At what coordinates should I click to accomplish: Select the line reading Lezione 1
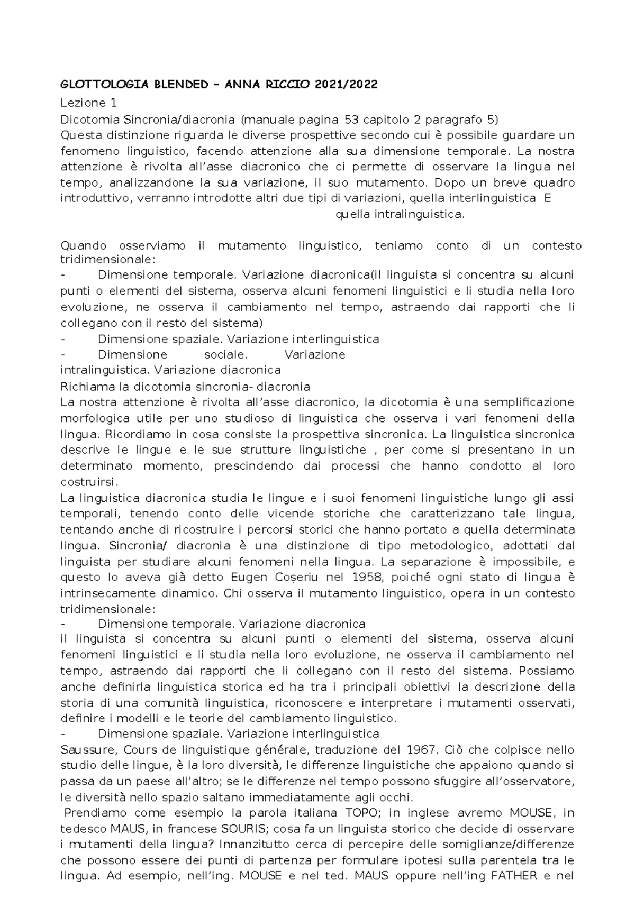88,103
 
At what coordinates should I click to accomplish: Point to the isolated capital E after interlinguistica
548,198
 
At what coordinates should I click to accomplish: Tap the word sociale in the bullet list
225,354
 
